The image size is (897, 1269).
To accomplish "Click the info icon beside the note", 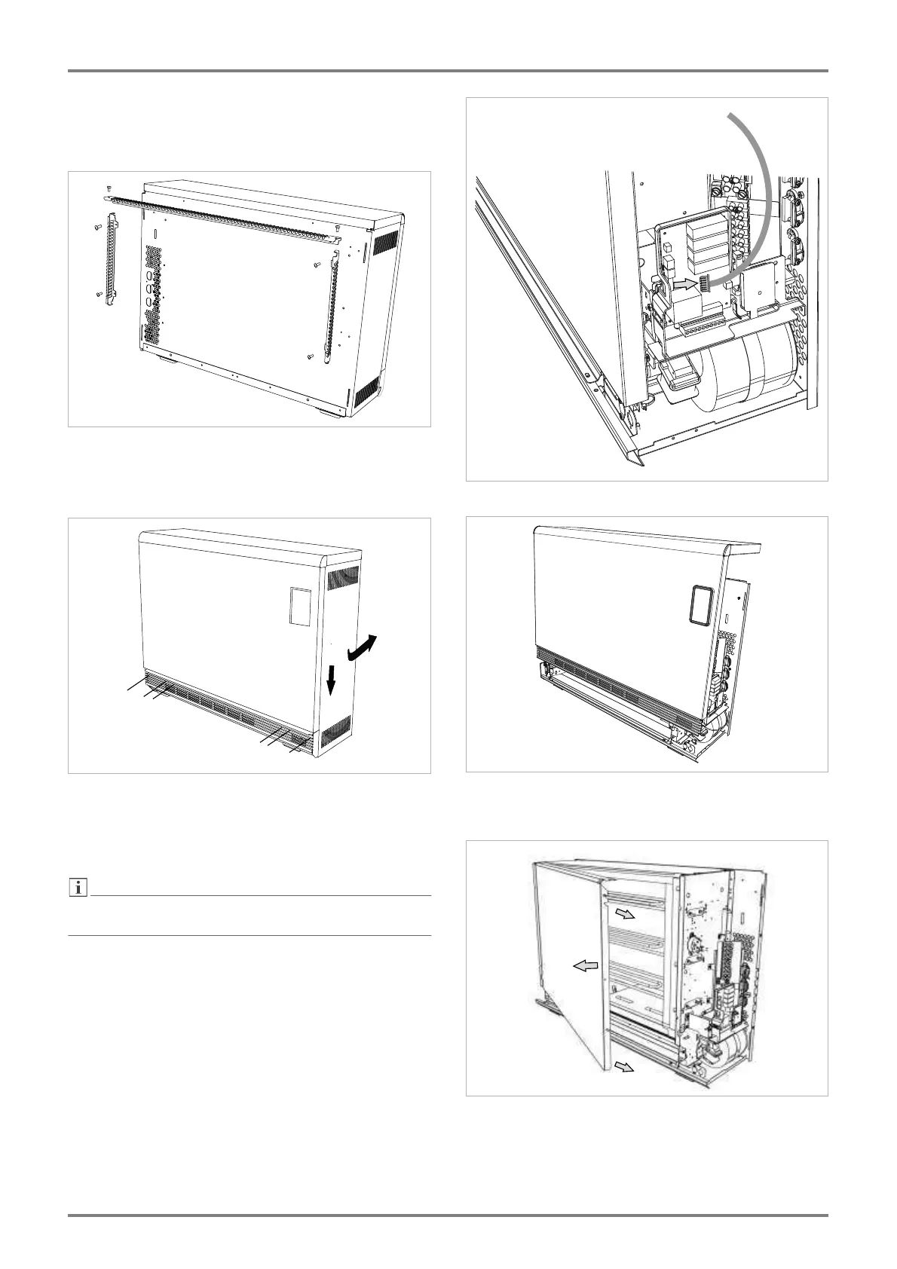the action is click(x=76, y=889).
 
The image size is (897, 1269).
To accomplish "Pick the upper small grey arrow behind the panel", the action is click(x=623, y=913).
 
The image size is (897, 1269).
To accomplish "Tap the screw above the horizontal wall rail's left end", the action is click(x=109, y=188).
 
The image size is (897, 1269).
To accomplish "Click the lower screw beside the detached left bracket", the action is click(x=98, y=294).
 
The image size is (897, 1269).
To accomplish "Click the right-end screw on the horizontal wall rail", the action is click(x=338, y=227).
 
